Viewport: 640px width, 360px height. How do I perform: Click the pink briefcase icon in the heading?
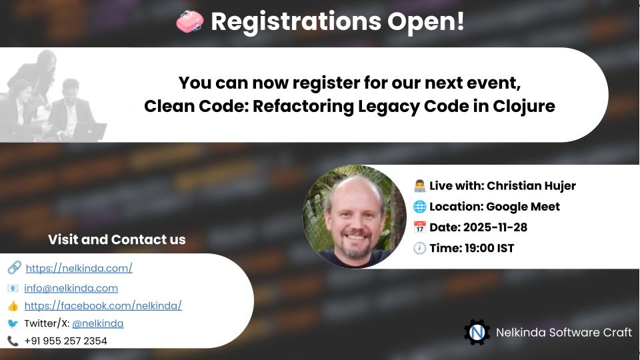pos(189,22)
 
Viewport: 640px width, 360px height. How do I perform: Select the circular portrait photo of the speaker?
pos(354,217)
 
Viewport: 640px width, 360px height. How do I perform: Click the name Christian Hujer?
pos(531,185)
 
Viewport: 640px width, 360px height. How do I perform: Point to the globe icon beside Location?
pos(419,207)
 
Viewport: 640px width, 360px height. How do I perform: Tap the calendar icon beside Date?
pos(419,227)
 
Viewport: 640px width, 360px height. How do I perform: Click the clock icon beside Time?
pos(419,248)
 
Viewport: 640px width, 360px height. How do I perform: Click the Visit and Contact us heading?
pos(117,239)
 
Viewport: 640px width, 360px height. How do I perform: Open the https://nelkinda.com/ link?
pos(79,268)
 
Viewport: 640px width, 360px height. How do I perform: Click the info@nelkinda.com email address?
pos(71,288)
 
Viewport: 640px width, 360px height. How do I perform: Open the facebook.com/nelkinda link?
pos(103,305)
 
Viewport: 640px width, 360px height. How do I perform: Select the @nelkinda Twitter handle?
pos(97,323)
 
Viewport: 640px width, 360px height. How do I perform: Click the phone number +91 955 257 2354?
pos(65,341)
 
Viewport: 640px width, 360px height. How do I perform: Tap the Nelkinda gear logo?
pos(477,332)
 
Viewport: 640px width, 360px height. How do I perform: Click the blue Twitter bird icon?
pos(13,323)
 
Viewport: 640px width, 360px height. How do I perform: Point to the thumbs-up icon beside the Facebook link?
pos(13,306)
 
